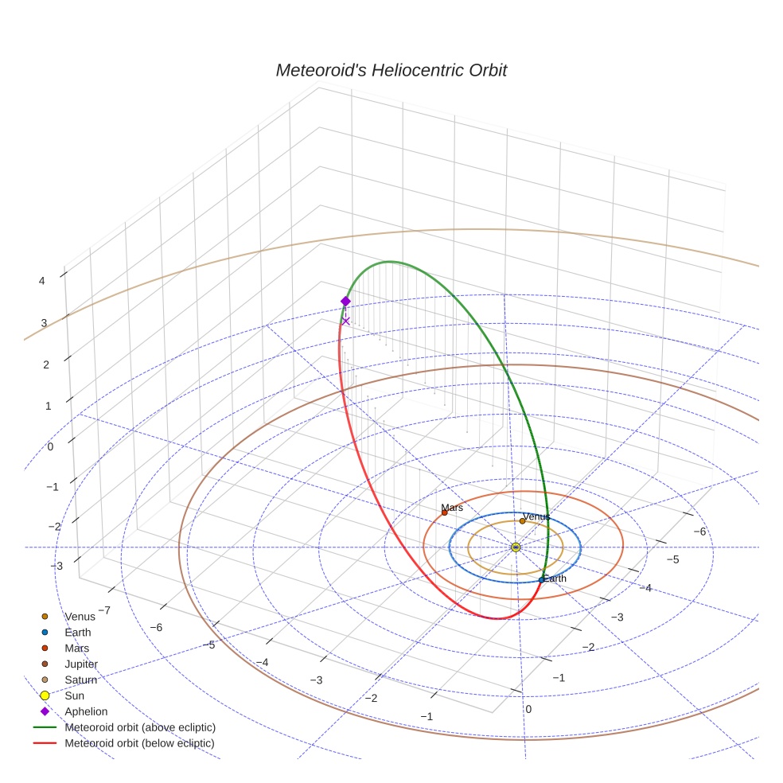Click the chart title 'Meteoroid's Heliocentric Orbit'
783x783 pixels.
391,70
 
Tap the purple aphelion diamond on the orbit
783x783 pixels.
345,301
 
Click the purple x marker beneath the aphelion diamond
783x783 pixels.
345,321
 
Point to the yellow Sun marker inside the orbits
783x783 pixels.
516,547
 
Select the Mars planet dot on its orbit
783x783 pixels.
444,512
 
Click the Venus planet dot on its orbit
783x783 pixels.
523,520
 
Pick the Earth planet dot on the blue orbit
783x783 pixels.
541,579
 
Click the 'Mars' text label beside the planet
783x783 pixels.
452,508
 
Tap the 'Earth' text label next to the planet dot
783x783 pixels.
555,578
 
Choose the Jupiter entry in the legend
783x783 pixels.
81,664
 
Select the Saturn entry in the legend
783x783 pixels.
80,680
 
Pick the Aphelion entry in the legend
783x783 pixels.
86,711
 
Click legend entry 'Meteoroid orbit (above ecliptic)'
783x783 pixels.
140,727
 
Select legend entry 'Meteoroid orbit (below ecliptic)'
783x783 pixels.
140,743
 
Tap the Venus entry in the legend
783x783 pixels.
80,616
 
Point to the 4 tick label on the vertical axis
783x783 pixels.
41,280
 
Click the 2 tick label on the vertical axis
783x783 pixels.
46,364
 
